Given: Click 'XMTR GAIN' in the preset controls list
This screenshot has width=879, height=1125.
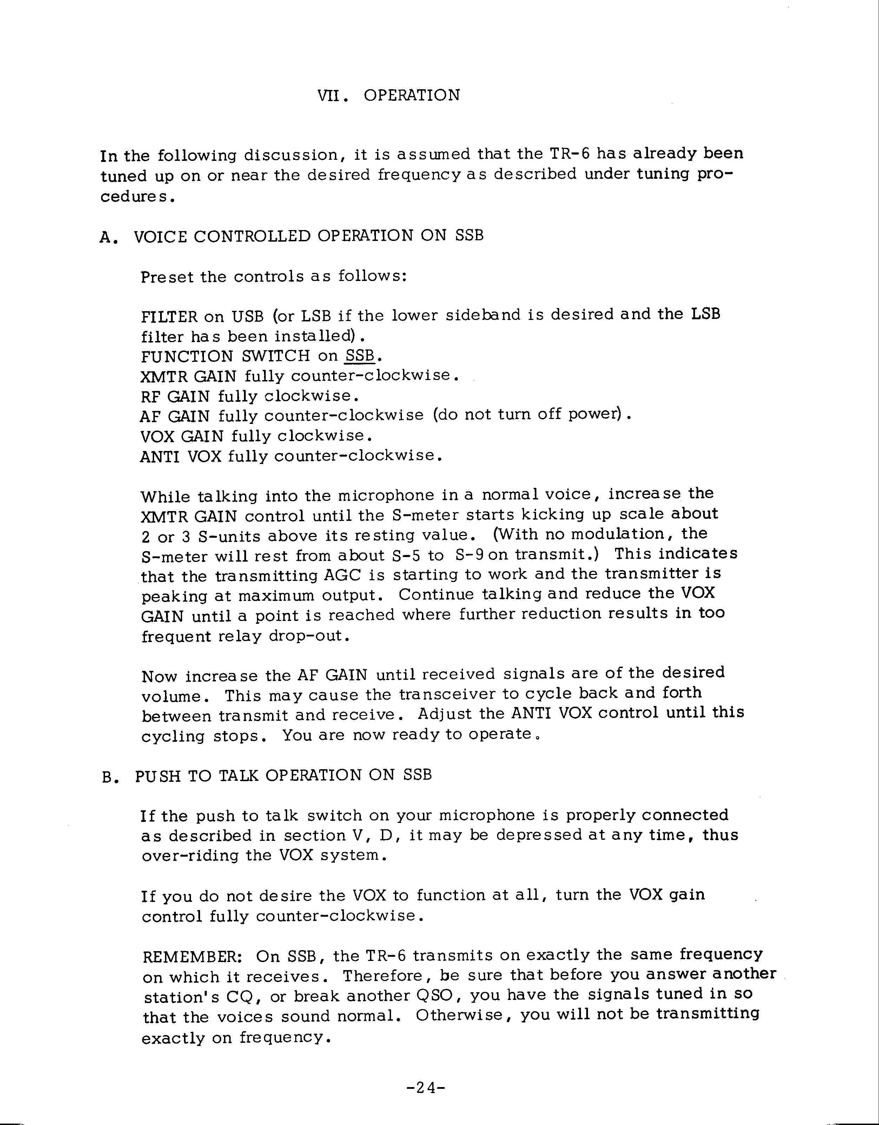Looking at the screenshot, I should coord(189,377).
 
